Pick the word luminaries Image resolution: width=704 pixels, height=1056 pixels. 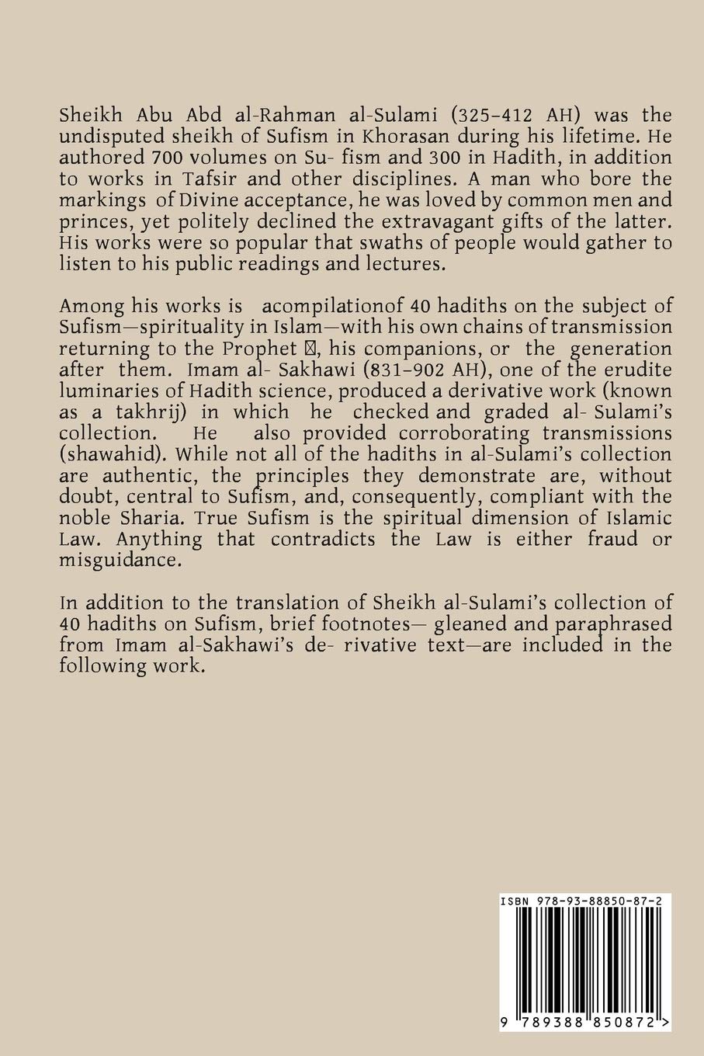[109, 390]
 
